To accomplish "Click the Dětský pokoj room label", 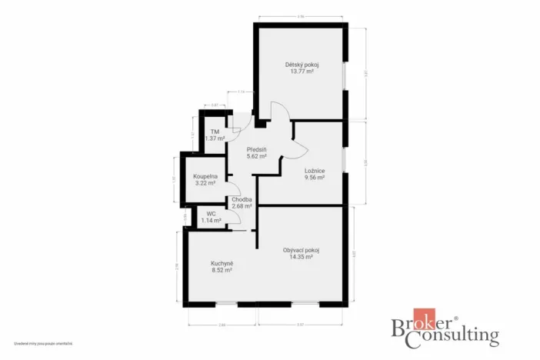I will [x=302, y=65].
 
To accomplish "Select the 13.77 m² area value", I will [x=302, y=72].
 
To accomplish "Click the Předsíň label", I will [x=256, y=149].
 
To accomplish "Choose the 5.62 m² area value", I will [x=256, y=156].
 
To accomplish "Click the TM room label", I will [x=215, y=132].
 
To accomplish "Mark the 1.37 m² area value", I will [x=215, y=138].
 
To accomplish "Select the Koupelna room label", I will [x=205, y=176].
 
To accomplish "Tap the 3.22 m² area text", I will [x=205, y=183].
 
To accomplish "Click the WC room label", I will [x=211, y=214].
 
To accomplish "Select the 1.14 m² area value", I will [x=211, y=221].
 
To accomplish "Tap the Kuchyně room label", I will [x=222, y=263].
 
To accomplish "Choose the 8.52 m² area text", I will [x=222, y=270].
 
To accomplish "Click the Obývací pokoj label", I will [x=301, y=250].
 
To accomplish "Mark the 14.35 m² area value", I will [x=301, y=257].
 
